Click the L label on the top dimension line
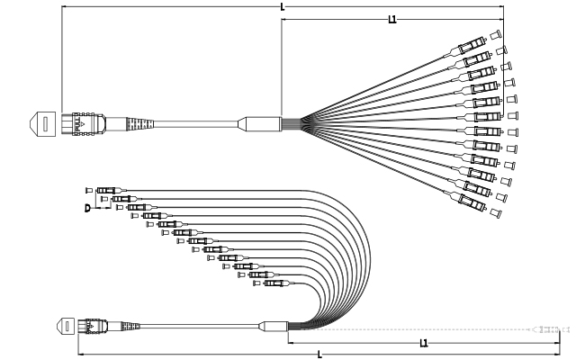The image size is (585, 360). coord(283,7)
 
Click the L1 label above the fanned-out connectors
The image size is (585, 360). coord(392,19)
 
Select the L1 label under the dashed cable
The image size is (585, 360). coord(424,343)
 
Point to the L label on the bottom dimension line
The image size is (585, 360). coord(319,355)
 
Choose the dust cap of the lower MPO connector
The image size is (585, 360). coord(66,325)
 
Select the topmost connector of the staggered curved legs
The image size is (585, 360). coord(106,190)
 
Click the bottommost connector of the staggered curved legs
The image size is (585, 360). coord(274,284)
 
